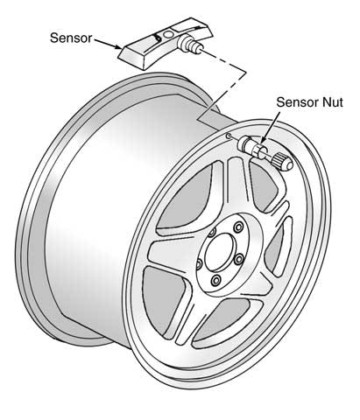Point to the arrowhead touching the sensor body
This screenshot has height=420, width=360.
click(122, 51)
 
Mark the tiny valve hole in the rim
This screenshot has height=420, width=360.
click(227, 136)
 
